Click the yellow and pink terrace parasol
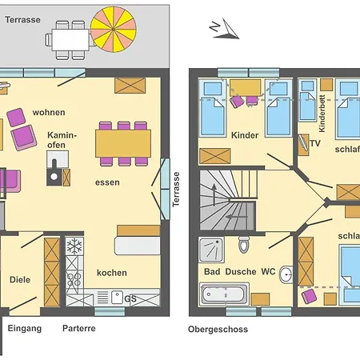point(114,29)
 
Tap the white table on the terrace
point(70,40)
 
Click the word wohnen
point(49,112)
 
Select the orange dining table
point(123,143)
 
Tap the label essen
point(107,182)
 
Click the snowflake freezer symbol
point(74,246)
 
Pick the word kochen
point(112,273)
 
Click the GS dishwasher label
point(130,298)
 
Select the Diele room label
point(20,280)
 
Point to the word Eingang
point(25,329)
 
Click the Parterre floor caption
point(79,328)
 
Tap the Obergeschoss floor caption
point(218,330)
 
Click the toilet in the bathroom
point(243,244)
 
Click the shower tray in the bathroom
point(211,250)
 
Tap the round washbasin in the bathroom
point(286,274)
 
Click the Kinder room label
point(245,135)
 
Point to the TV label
point(315,143)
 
